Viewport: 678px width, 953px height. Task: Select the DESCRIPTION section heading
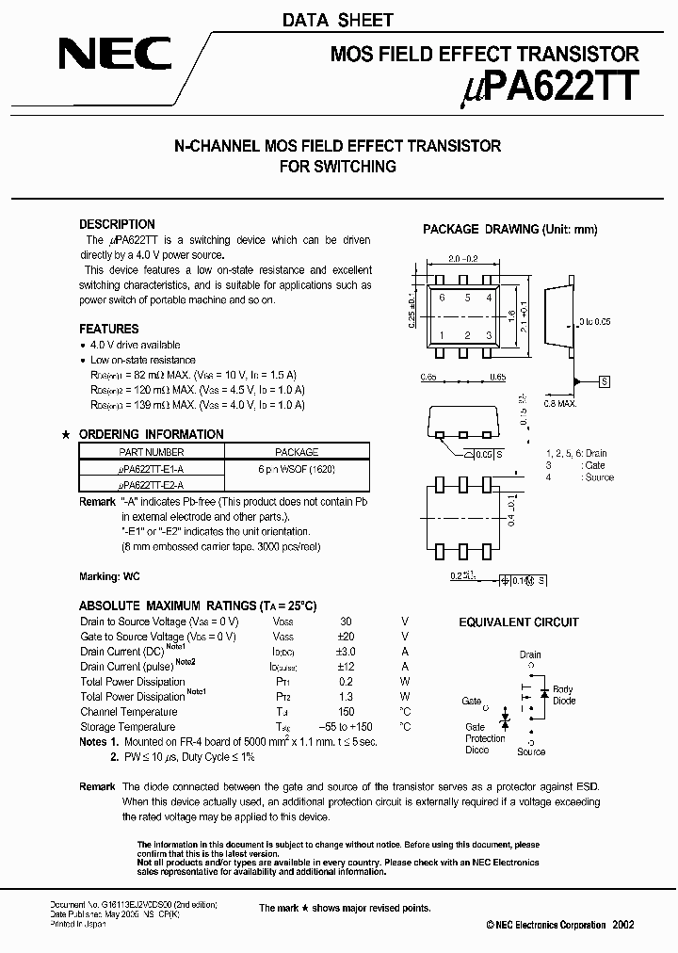click(x=117, y=224)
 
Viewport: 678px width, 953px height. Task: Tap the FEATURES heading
click(x=108, y=329)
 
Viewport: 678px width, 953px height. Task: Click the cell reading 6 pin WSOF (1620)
click(x=296, y=468)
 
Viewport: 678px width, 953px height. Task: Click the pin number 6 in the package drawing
click(x=442, y=298)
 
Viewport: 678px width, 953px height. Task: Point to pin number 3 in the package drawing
click(x=489, y=335)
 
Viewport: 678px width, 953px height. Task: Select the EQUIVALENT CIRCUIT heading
click(x=519, y=622)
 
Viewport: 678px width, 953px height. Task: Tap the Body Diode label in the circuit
click(x=563, y=695)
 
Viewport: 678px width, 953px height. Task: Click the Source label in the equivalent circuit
click(x=531, y=751)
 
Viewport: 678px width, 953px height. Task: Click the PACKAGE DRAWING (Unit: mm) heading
click(x=509, y=229)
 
